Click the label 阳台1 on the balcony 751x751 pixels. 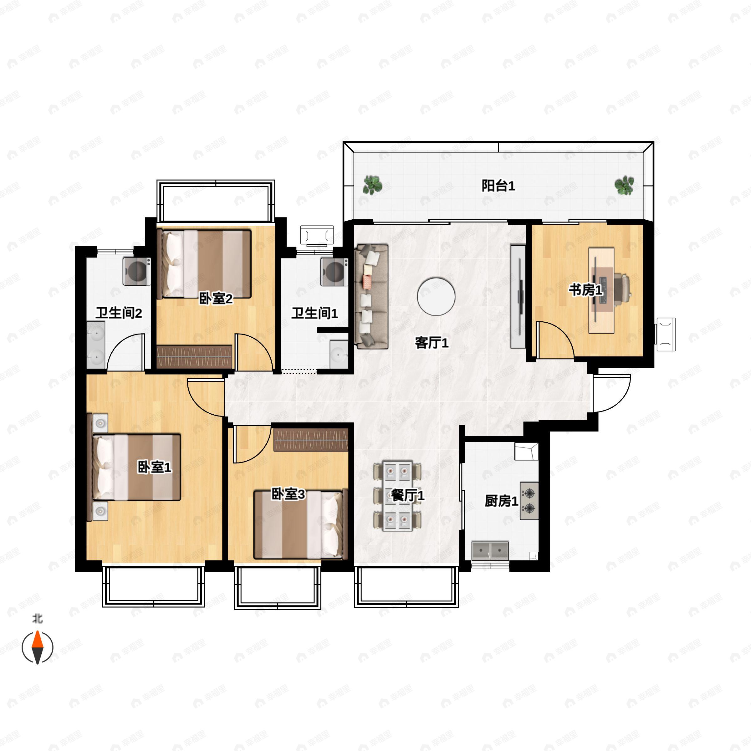click(x=498, y=186)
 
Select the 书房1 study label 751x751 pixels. click(x=586, y=289)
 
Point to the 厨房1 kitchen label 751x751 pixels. click(x=501, y=501)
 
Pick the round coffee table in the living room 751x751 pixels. click(x=436, y=297)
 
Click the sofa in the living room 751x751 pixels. click(x=372, y=296)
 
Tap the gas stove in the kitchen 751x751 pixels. click(x=529, y=501)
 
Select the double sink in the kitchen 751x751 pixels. click(x=490, y=550)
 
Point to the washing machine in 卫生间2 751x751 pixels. click(x=137, y=271)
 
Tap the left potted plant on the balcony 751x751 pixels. click(x=372, y=185)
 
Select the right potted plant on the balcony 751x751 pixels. click(x=624, y=185)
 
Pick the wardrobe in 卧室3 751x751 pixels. click(x=311, y=440)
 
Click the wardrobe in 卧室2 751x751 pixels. click(x=194, y=356)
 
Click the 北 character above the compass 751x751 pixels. click(x=37, y=618)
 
